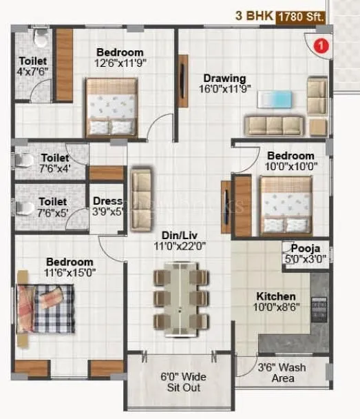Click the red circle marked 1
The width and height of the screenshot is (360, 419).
coord(319,46)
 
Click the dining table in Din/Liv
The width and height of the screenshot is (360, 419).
coord(180,297)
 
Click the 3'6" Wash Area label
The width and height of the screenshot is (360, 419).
coord(282,373)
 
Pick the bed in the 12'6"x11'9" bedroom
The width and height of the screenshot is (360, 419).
coord(112,107)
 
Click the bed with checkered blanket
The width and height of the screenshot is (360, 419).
coord(46,309)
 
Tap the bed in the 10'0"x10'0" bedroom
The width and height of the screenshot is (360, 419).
coord(286,204)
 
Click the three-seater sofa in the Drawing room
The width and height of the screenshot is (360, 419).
coord(274,125)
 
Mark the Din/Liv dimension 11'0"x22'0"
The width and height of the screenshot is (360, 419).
coord(180,245)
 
